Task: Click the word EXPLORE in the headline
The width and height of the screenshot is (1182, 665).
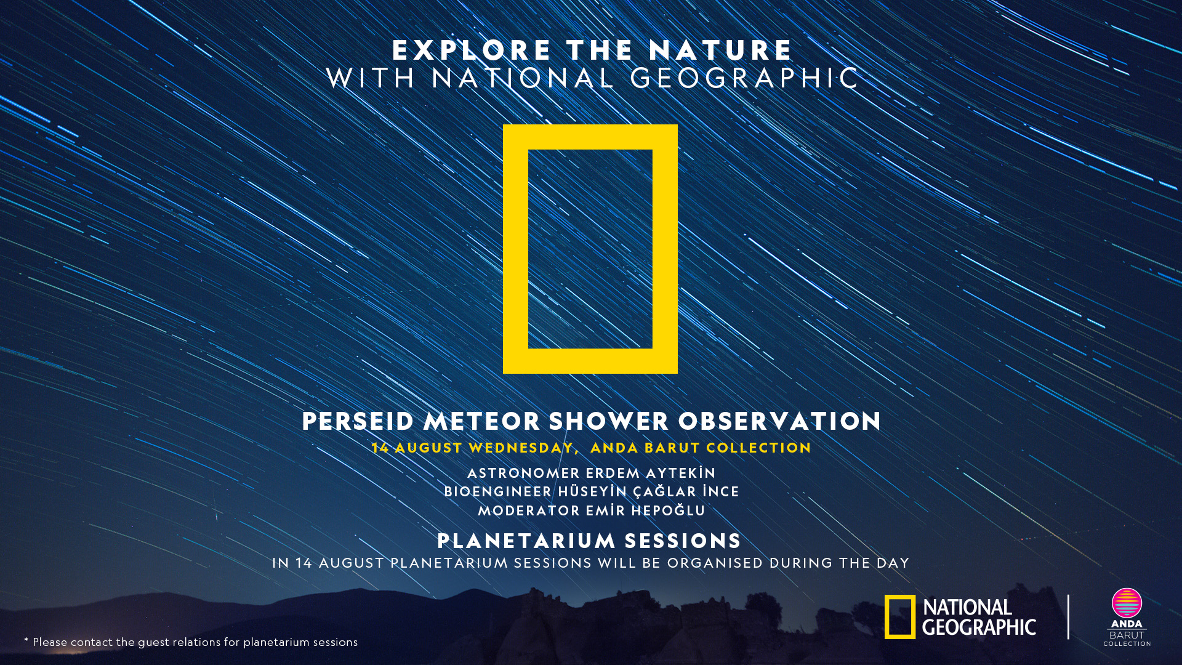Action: (x=472, y=50)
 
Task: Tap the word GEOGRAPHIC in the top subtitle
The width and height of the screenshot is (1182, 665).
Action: (x=744, y=78)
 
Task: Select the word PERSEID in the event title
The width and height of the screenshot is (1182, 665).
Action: (x=358, y=421)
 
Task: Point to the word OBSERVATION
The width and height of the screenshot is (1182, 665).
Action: (x=780, y=421)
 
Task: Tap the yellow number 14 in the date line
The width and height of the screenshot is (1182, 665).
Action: (x=380, y=448)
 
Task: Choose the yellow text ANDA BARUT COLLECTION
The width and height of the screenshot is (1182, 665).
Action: (x=701, y=448)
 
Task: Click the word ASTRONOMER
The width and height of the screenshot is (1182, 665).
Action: (x=523, y=473)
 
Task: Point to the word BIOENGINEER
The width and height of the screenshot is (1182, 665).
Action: (x=498, y=491)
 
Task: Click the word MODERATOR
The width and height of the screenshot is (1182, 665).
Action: (x=529, y=510)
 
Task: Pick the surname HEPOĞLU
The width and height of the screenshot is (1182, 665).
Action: (x=668, y=510)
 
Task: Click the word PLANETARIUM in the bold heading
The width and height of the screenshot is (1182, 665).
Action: (x=526, y=541)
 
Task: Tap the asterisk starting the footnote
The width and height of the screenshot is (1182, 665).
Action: (x=26, y=640)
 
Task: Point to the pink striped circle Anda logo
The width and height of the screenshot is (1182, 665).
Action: (x=1127, y=603)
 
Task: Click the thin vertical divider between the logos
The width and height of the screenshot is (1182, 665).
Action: (x=1068, y=617)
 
